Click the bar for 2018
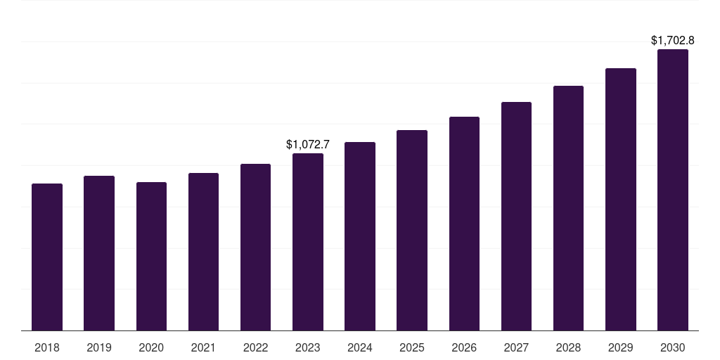click(x=47, y=257)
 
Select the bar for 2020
click(x=151, y=256)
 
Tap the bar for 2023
click(x=308, y=242)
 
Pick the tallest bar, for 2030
click(x=673, y=190)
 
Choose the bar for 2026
click(x=464, y=224)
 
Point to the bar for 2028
click(x=568, y=208)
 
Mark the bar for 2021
click(x=203, y=252)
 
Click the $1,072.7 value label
click(x=308, y=144)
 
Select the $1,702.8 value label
click(x=673, y=41)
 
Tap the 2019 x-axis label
click(x=99, y=347)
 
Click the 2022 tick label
click(x=255, y=347)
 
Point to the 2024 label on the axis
click(x=360, y=347)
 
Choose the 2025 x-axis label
click(x=412, y=347)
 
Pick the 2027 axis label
click(x=516, y=347)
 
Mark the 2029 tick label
click(x=621, y=347)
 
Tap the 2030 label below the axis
click(x=673, y=347)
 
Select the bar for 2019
click(x=99, y=253)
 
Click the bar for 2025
click(x=412, y=230)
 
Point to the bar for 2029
click(x=621, y=199)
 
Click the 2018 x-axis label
click(x=47, y=347)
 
